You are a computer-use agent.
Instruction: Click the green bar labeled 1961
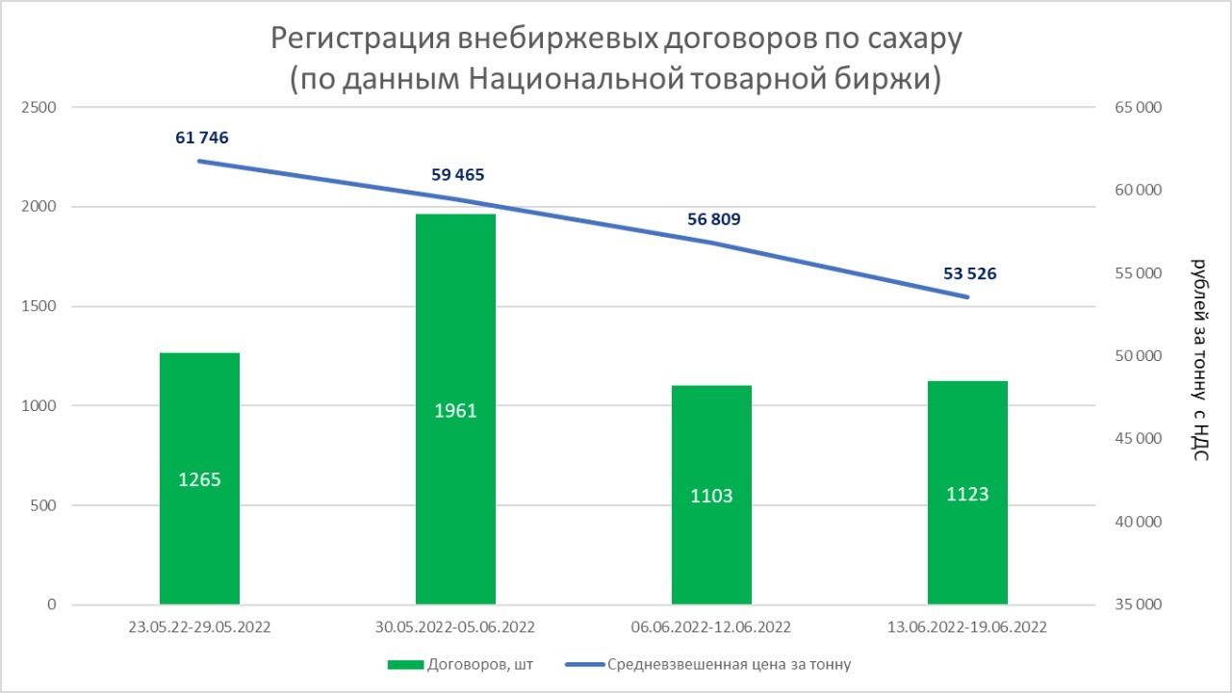455,409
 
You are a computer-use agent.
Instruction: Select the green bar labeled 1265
199,478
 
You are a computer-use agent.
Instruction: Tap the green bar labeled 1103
711,495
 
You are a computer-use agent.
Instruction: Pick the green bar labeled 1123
967,493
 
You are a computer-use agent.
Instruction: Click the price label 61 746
202,138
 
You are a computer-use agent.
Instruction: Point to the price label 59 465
457,175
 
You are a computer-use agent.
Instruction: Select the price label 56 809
714,219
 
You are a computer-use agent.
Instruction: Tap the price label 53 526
969,274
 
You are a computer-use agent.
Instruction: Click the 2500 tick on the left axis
39,107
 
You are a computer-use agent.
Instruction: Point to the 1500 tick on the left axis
39,306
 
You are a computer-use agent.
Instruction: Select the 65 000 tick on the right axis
1138,107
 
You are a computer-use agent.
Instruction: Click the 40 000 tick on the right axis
1138,522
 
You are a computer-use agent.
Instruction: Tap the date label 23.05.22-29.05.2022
199,628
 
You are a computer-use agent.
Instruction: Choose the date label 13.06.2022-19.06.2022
967,628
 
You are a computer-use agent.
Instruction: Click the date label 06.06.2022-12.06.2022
710,628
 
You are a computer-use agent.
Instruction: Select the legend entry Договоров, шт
460,665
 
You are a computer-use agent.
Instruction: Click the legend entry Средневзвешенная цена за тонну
708,665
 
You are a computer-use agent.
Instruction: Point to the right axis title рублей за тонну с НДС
1200,360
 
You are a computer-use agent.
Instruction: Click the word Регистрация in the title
360,39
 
